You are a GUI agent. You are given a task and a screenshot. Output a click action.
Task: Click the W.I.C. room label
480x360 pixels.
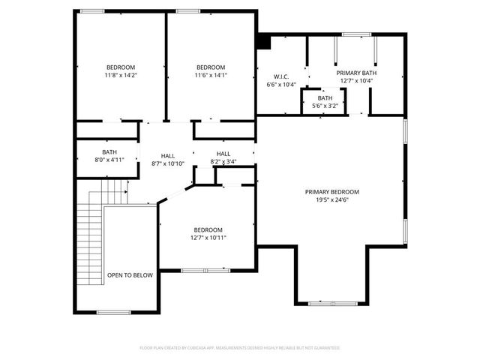tap(281, 76)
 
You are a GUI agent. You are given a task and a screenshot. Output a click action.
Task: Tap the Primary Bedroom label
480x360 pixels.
tap(332, 191)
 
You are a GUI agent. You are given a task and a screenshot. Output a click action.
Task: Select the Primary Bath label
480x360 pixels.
tap(357, 73)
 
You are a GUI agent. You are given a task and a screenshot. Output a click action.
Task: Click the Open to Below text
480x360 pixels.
tap(130, 275)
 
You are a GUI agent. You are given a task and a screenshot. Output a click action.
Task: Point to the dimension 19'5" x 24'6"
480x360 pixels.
tap(332, 199)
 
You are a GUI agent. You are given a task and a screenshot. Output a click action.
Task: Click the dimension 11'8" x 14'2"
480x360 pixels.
tap(121, 75)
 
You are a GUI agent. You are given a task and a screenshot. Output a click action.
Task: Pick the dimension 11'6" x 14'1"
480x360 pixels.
tap(211, 75)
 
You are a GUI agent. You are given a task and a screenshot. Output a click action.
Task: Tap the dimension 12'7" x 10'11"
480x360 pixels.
tap(208, 238)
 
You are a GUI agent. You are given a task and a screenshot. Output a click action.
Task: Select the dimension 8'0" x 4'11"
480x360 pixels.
tap(110, 160)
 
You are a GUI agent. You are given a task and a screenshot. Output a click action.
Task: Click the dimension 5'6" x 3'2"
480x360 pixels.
tap(325, 106)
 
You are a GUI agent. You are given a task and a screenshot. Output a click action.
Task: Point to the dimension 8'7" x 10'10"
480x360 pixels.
tap(168, 163)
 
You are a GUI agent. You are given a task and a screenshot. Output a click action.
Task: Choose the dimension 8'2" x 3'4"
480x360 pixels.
tap(223, 161)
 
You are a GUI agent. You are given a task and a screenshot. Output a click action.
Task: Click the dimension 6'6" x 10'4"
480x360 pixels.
tap(281, 85)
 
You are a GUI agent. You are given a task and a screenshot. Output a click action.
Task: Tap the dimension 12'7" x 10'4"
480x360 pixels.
tap(357, 80)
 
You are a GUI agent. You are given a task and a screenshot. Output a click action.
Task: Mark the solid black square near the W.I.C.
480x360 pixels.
tap(263, 42)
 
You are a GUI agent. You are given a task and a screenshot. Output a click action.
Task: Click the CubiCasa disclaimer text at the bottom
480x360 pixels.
tap(240, 348)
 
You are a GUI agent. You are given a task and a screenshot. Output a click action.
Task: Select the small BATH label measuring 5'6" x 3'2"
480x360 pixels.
tap(325, 98)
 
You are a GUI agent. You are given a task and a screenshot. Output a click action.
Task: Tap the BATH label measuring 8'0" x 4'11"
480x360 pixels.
tap(110, 152)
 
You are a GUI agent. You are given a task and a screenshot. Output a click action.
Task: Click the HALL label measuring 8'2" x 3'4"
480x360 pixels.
tap(223, 154)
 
